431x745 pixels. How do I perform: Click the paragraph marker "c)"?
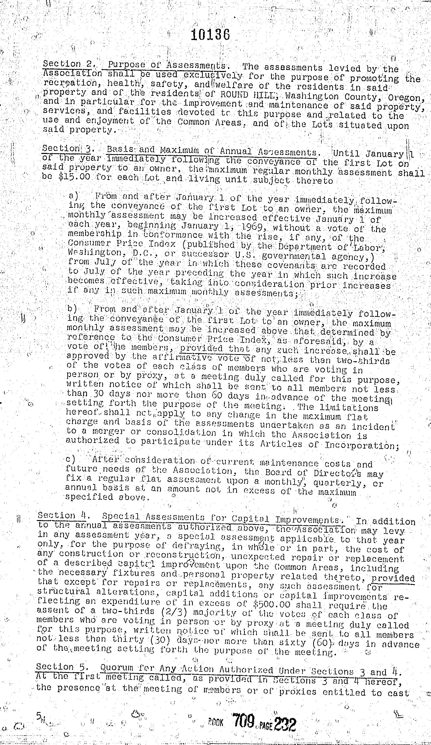(x=70, y=460)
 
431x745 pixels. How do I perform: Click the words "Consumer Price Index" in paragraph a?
(x=122, y=244)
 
